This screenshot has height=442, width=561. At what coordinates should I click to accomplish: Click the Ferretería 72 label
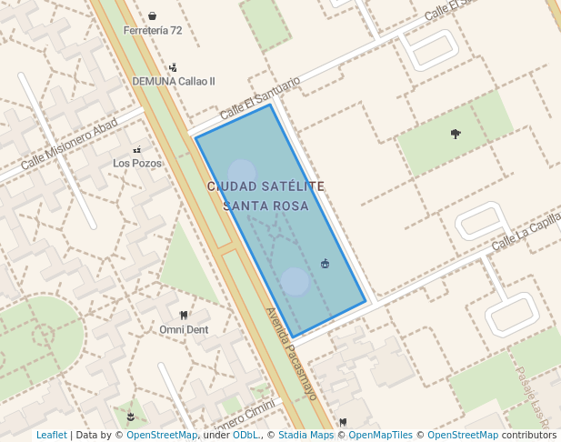click(152, 31)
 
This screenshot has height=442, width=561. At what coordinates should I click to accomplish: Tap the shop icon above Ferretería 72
click(152, 15)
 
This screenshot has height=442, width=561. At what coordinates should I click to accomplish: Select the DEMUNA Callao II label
click(174, 81)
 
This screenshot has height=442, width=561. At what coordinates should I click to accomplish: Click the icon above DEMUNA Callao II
click(173, 67)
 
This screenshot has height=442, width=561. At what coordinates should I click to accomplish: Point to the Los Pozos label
click(137, 164)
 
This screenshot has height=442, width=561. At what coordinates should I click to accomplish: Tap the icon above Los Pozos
click(137, 149)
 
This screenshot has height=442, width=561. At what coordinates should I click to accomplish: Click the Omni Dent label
click(184, 329)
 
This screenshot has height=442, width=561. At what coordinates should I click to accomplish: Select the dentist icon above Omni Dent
click(184, 315)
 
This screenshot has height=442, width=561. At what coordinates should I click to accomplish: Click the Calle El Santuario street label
click(259, 96)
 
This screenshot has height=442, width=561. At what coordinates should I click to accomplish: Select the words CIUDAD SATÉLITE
click(265, 186)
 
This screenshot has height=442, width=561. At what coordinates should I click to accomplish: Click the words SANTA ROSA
click(265, 206)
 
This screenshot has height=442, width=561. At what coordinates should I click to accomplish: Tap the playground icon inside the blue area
click(325, 264)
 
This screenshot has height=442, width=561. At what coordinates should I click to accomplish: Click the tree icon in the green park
click(456, 134)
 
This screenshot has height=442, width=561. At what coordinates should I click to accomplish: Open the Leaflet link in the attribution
click(51, 436)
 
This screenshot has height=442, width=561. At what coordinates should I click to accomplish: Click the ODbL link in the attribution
click(245, 436)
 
